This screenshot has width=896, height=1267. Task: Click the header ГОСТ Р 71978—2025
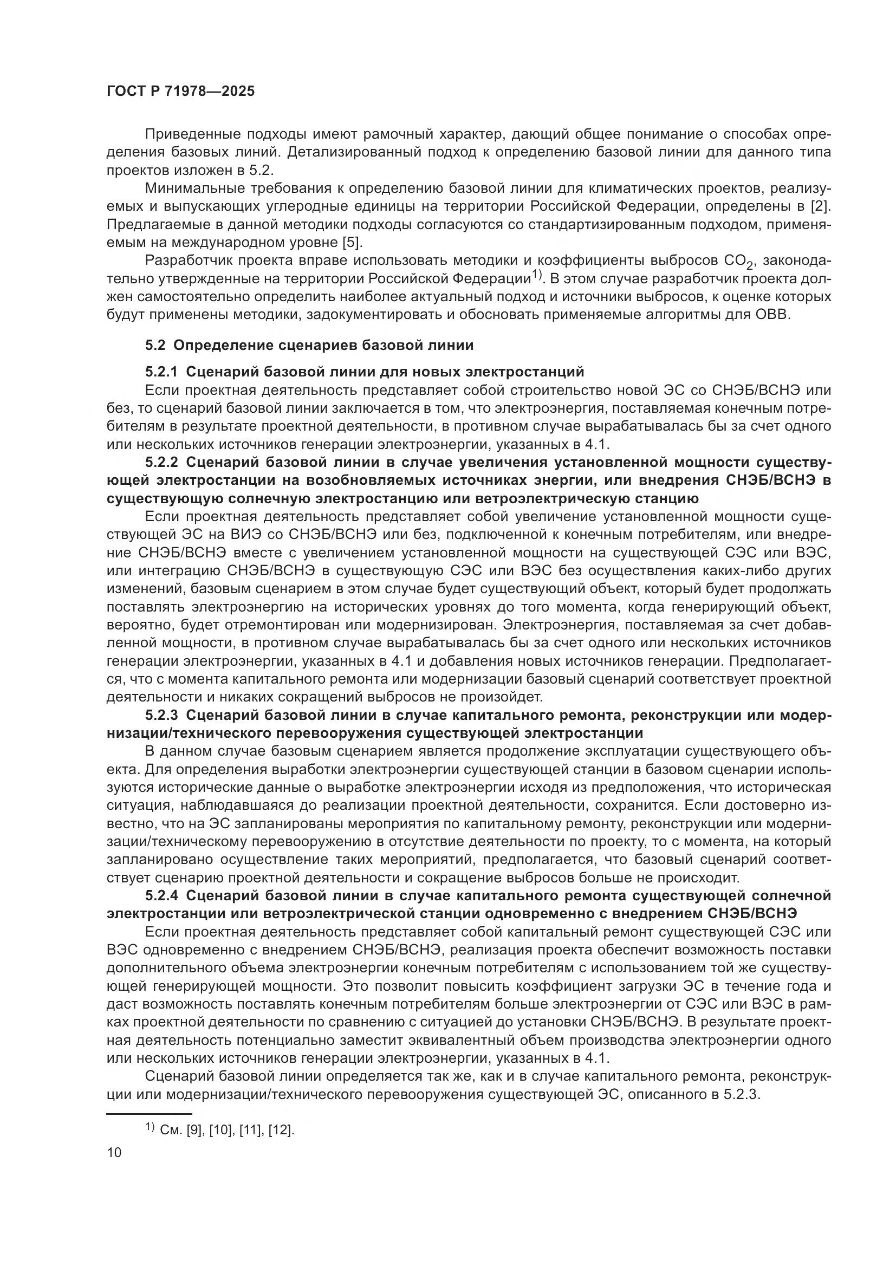click(x=180, y=91)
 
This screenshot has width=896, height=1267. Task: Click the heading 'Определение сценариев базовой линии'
click(x=323, y=346)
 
